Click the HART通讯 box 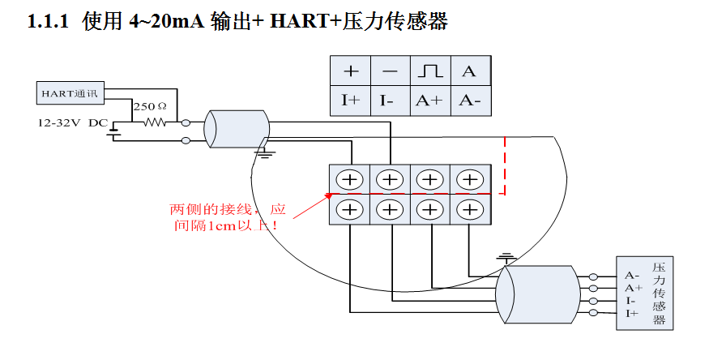(x=69, y=93)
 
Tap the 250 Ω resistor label (x=150, y=106)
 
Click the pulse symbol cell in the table (x=430, y=72)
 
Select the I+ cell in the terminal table (x=351, y=100)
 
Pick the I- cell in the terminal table (x=390, y=100)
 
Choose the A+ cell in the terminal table (x=430, y=100)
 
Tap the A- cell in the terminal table (x=469, y=100)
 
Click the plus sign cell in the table (x=351, y=72)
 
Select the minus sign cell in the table (x=390, y=72)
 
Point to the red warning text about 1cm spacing (x=228, y=217)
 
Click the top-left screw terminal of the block (x=350, y=179)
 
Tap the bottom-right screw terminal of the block (x=469, y=209)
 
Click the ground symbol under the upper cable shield (x=264, y=149)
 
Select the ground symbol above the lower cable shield (x=507, y=258)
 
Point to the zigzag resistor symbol (x=154, y=122)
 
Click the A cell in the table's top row (x=469, y=72)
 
